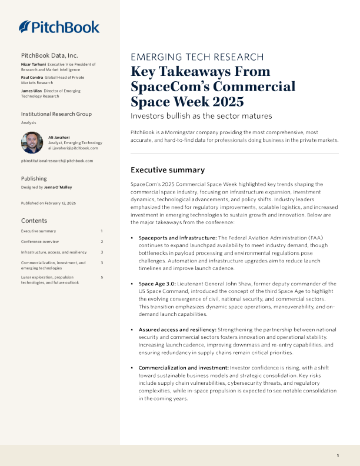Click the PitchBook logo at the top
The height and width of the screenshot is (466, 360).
pyautogui.click(x=59, y=26)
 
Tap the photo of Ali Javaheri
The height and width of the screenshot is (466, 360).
pyautogui.click(x=32, y=142)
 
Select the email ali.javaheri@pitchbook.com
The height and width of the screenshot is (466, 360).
pyautogui.click(x=73, y=148)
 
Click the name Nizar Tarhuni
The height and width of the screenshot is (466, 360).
pyautogui.click(x=34, y=64)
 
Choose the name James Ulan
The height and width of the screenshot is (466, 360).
pyautogui.click(x=32, y=91)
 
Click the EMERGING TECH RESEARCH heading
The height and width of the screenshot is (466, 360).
pyautogui.click(x=196, y=57)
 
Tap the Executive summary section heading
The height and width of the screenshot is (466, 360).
pyautogui.click(x=167, y=170)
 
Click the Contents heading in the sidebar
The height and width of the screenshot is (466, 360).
pyautogui.click(x=35, y=221)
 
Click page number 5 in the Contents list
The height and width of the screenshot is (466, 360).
pyautogui.click(x=102, y=277)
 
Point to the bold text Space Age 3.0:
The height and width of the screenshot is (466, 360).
pyautogui.click(x=156, y=284)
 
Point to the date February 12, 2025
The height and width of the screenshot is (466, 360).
pyautogui.click(x=59, y=203)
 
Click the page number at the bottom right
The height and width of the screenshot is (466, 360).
pyautogui.click(x=338, y=456)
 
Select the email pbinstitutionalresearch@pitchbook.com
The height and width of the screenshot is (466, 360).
pyautogui.click(x=56, y=161)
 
